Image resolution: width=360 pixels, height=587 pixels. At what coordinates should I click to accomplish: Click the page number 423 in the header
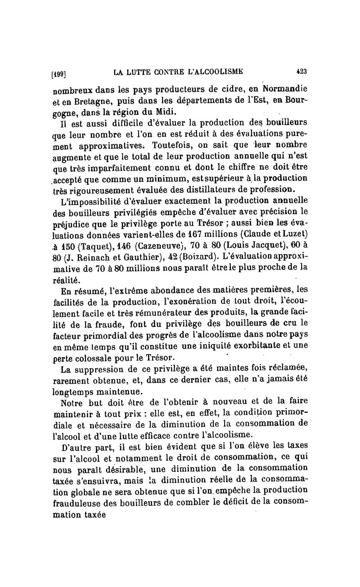click(301, 71)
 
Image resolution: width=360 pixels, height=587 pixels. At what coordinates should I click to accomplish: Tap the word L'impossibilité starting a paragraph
click(92, 201)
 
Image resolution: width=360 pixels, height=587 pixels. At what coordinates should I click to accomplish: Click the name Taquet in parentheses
click(95, 247)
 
